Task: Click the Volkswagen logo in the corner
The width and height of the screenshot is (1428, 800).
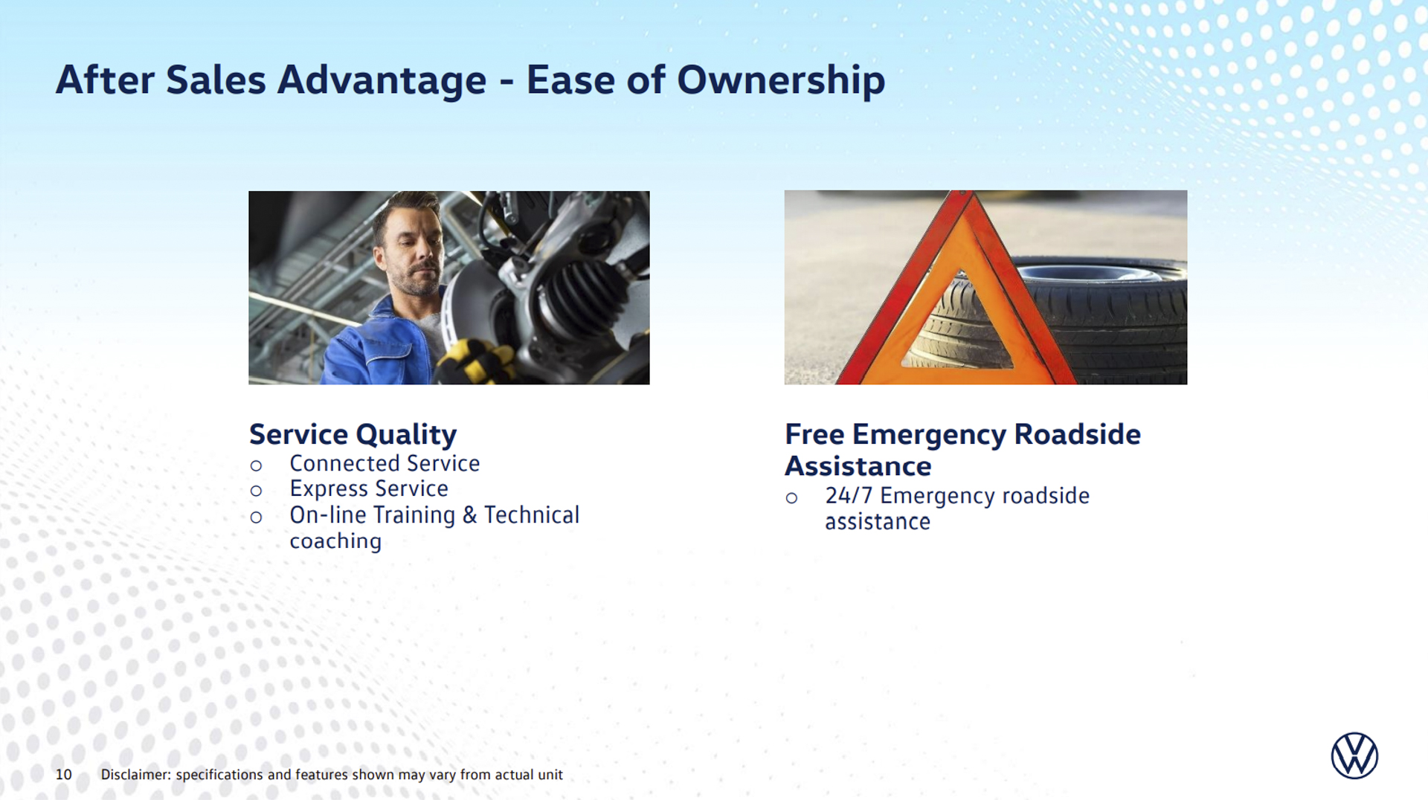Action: coord(1354,755)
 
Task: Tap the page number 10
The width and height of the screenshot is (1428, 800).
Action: coord(64,775)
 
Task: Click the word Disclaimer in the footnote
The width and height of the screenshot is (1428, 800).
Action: coord(136,775)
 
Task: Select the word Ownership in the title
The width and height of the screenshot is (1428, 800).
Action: coord(781,80)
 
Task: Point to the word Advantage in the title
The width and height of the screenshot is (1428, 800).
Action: coord(382,80)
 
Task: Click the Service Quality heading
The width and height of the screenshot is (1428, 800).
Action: coord(353,435)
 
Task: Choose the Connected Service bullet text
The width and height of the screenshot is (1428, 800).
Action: coord(385,463)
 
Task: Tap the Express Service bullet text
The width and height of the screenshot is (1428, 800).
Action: coord(369,488)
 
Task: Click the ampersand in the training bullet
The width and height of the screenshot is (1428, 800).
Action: coord(469,514)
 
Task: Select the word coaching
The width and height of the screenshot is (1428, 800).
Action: coord(335,541)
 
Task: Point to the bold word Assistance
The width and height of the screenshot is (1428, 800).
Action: coord(858,466)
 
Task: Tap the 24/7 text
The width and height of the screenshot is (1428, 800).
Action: coord(849,496)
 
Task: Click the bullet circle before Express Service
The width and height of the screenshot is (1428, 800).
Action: coord(256,491)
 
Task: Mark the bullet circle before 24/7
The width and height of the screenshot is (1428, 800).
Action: coord(791,498)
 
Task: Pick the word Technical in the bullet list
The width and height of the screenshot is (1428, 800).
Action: coord(532,514)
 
